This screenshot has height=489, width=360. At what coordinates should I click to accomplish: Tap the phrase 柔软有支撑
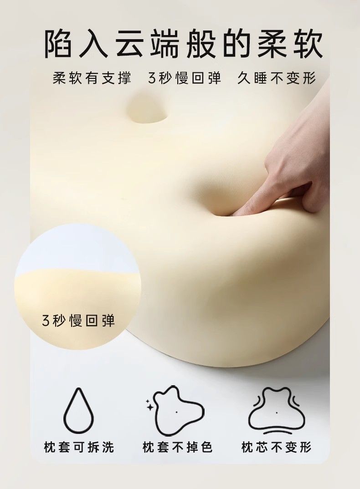(92, 78)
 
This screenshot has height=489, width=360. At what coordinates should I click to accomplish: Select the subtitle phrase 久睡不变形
(277, 78)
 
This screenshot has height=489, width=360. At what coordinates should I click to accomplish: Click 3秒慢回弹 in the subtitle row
(184, 78)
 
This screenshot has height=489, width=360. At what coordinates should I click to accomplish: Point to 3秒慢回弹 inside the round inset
(78, 320)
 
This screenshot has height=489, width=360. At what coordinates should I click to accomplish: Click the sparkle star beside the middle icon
(150, 407)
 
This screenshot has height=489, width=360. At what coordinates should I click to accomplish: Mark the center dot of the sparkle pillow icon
(176, 411)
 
